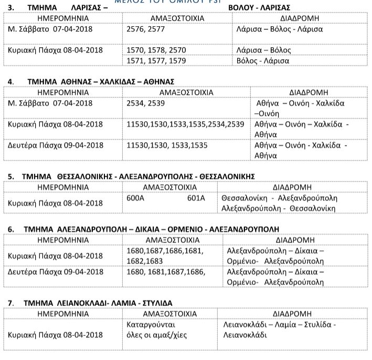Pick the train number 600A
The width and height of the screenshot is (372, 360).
pyautogui.click(x=135, y=198)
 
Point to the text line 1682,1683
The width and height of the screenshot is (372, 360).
pyautogui.click(x=145, y=261)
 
